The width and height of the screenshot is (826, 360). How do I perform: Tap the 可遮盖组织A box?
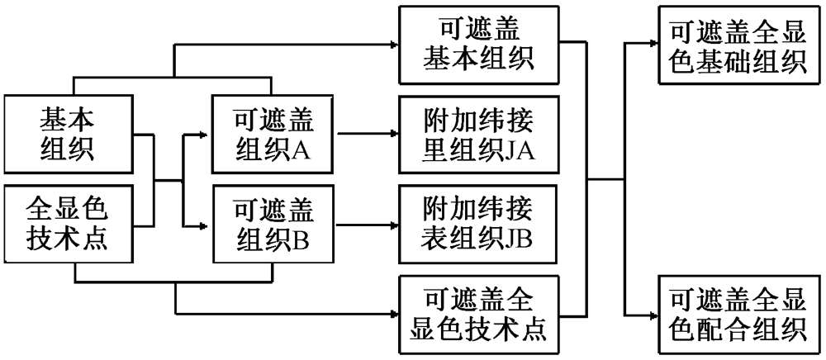click(x=273, y=135)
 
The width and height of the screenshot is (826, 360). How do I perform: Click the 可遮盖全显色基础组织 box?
click(x=738, y=46)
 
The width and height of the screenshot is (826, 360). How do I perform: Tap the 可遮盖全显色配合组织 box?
click(x=738, y=313)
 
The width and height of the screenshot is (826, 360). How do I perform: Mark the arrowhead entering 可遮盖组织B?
click(x=205, y=225)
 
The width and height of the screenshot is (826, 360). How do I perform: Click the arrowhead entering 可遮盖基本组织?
click(x=393, y=46)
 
